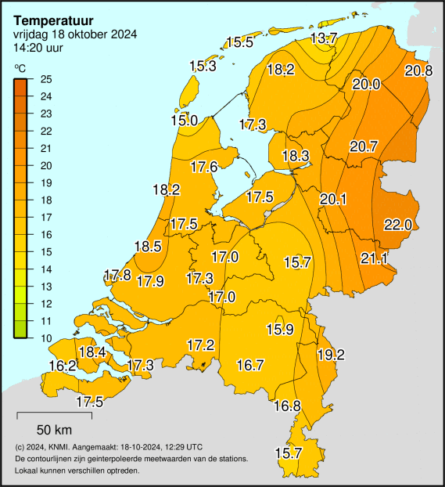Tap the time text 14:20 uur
pyautogui.click(x=38, y=46)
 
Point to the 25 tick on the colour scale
pyautogui.click(x=46, y=80)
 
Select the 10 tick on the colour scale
pyautogui.click(x=46, y=338)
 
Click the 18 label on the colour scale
pyautogui.click(x=46, y=200)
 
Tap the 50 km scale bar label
pyautogui.click(x=54, y=429)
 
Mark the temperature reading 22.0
pyautogui.click(x=397, y=225)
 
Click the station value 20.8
pyautogui.click(x=418, y=71)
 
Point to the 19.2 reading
pyautogui.click(x=331, y=355)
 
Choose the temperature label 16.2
pyautogui.click(x=63, y=366)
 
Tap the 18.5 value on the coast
pyautogui.click(x=148, y=247)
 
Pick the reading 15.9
pyautogui.click(x=280, y=329)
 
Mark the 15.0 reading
pyautogui.click(x=184, y=120)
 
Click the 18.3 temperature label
pyautogui.click(x=296, y=156)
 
